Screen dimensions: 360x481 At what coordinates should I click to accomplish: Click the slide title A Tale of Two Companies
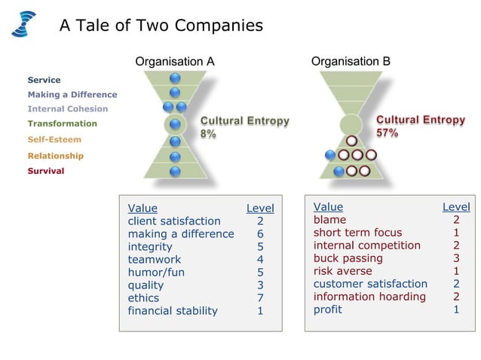click(x=161, y=26)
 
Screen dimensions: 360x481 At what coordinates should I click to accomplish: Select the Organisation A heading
click(x=175, y=62)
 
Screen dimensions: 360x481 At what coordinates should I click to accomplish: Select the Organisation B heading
click(x=351, y=62)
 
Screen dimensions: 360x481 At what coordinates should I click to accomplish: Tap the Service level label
click(x=44, y=80)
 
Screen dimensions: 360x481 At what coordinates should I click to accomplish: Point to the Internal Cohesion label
click(x=67, y=108)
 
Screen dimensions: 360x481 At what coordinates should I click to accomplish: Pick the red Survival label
click(x=46, y=171)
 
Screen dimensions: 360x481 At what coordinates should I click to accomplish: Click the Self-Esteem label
click(x=54, y=139)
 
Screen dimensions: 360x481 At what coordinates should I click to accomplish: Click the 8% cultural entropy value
click(x=208, y=133)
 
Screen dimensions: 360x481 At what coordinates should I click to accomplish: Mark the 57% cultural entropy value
click(x=388, y=133)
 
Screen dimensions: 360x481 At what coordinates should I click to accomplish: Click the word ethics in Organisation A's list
click(x=143, y=297)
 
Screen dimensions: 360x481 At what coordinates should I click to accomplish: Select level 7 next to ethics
click(x=260, y=297)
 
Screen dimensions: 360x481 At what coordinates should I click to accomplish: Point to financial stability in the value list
click(x=173, y=310)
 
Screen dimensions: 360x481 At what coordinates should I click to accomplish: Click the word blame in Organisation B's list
click(x=329, y=220)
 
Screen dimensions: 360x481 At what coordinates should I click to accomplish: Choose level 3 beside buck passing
click(x=456, y=258)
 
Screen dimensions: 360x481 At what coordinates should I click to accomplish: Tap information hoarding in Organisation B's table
click(x=369, y=297)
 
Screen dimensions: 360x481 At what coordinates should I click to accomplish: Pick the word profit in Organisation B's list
click(x=328, y=310)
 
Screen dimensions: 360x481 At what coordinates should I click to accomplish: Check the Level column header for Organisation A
click(x=260, y=208)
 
